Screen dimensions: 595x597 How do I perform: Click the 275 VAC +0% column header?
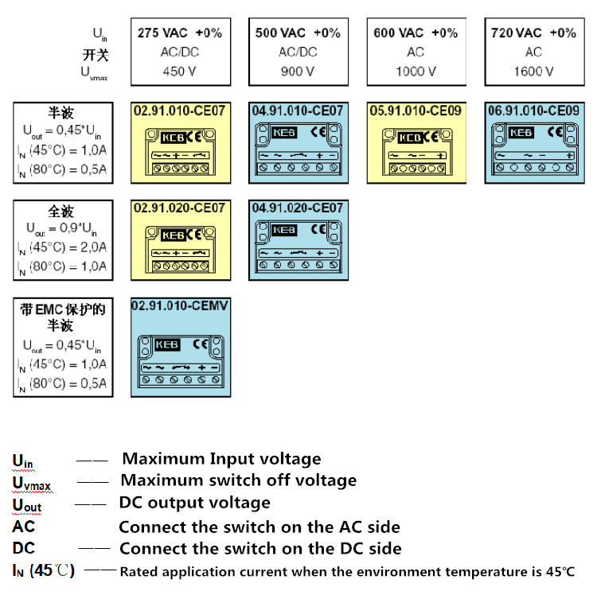180,33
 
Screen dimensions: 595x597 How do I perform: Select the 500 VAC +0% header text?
298,33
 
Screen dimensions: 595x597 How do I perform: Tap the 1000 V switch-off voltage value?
416,71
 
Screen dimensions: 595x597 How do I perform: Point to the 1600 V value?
533,71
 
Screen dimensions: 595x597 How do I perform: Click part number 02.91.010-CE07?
179,110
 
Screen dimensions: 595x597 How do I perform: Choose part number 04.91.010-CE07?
298,110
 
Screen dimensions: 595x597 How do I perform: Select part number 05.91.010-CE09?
416,110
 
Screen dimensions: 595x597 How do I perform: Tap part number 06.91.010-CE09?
533,110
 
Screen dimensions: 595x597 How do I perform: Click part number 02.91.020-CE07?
179,208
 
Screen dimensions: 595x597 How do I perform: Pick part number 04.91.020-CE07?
298,208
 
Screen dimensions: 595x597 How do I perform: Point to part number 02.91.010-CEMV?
180,305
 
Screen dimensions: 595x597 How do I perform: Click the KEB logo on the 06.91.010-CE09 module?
521,133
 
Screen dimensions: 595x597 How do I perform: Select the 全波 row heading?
61,212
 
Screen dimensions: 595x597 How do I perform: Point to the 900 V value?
298,71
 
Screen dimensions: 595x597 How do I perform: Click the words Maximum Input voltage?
221,459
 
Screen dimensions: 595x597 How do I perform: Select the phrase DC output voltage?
194,503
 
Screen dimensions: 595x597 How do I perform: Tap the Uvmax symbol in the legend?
29,482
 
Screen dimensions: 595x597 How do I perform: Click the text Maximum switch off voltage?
238,480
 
